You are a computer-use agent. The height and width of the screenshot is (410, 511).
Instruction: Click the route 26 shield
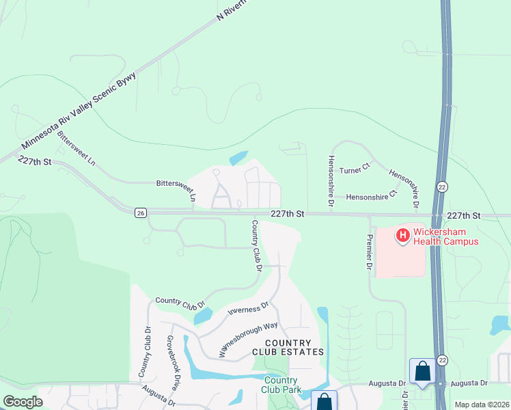(x=140, y=213)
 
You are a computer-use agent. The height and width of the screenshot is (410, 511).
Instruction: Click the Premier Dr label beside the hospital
(x=370, y=251)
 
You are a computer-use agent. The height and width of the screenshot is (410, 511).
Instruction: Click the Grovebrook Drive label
(x=173, y=362)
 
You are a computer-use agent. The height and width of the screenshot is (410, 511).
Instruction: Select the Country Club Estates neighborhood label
(x=288, y=347)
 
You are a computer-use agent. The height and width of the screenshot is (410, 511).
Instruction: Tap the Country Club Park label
(x=281, y=385)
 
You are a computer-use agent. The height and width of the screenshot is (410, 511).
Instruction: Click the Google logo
(x=23, y=402)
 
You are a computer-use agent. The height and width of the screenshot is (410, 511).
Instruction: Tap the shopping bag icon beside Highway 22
(x=422, y=371)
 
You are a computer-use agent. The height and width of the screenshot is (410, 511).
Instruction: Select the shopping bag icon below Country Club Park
(x=324, y=402)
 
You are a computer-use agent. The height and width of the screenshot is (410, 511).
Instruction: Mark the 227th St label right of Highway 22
(x=464, y=215)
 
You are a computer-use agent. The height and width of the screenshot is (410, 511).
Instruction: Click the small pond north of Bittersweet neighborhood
(x=239, y=158)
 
